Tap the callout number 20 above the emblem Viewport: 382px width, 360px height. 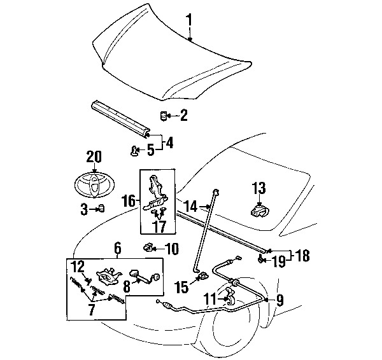[94, 157]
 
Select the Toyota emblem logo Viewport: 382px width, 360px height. [95, 185]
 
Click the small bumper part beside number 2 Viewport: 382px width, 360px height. [163, 116]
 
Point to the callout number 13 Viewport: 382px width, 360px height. [258, 188]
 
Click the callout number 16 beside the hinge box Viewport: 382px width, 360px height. [129, 201]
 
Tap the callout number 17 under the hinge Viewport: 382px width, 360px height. [160, 226]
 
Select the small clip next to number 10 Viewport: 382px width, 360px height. [148, 247]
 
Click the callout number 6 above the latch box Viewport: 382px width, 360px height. [117, 248]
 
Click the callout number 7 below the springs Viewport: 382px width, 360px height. [91, 310]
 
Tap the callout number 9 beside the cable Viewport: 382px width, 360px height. [280, 300]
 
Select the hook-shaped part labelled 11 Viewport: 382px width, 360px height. [229, 296]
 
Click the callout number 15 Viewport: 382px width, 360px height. [183, 287]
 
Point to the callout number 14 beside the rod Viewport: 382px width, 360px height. [190, 207]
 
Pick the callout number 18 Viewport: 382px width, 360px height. [302, 256]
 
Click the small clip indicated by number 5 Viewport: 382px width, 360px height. [134, 151]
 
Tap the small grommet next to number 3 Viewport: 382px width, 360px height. [101, 209]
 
